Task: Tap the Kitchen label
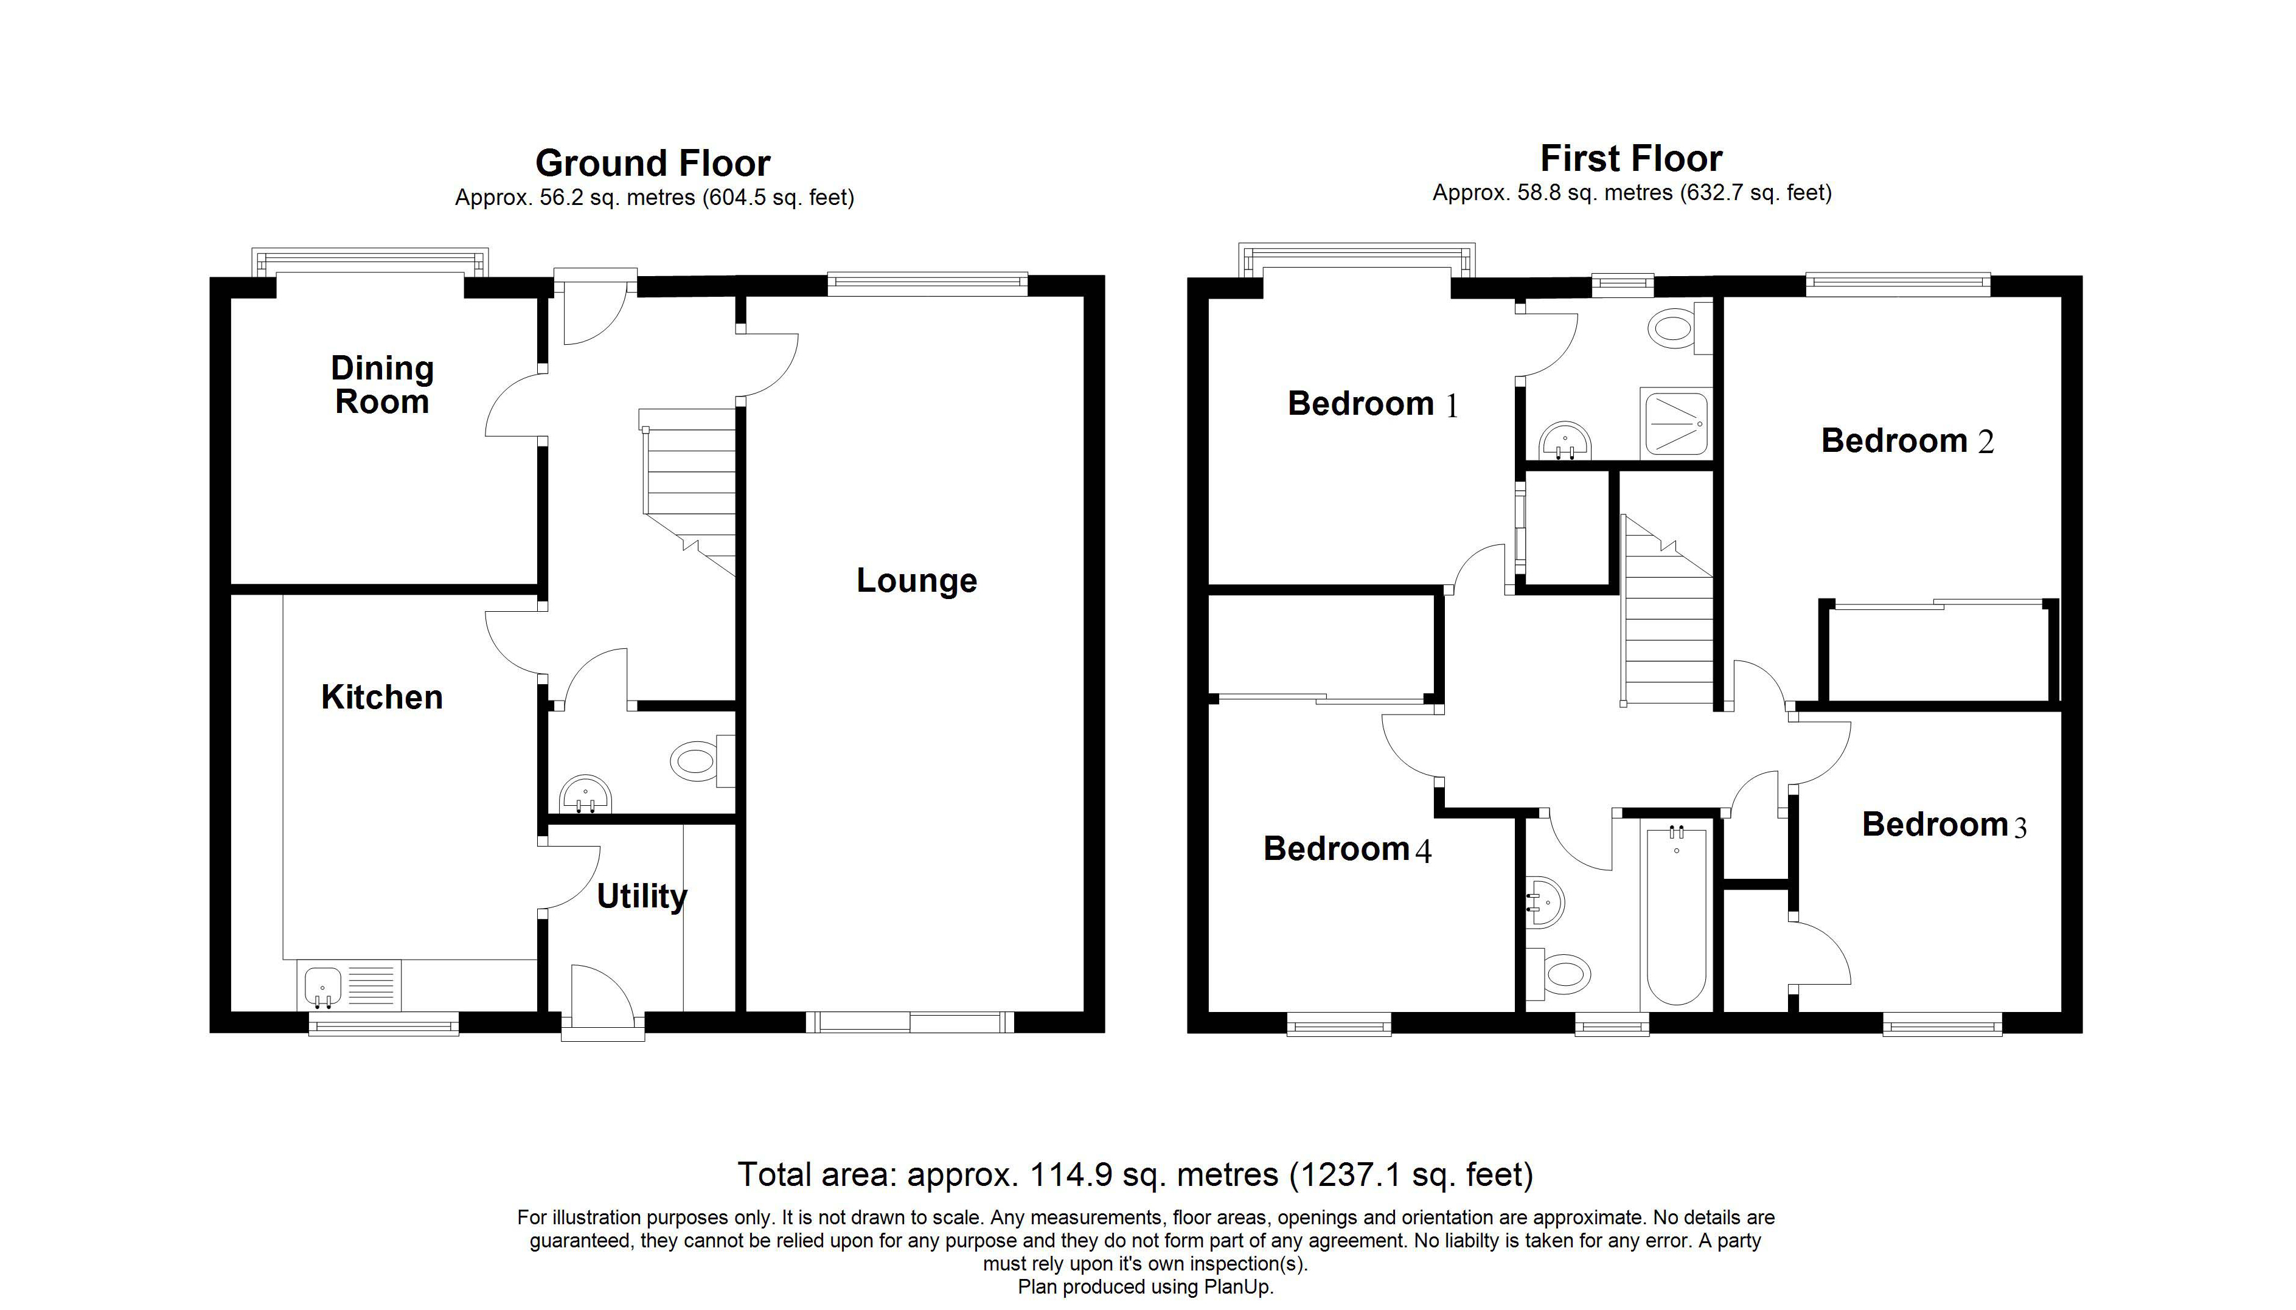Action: [381, 698]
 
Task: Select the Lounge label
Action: [916, 580]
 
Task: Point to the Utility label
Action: [642, 896]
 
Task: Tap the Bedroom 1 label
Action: [1372, 404]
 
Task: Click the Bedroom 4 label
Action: [1346, 848]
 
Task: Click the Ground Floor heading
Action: [653, 163]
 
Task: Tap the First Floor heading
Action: [1631, 158]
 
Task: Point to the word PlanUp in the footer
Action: [1239, 1287]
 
